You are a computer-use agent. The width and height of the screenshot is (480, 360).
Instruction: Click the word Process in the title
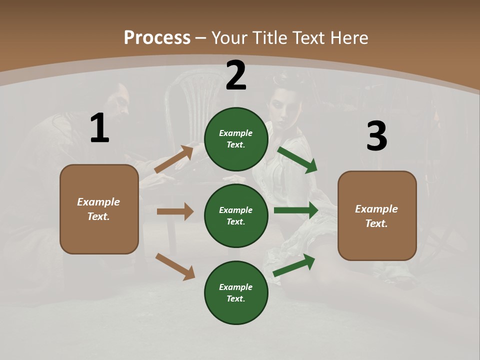[x=157, y=38]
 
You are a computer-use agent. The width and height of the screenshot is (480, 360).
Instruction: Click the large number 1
[x=99, y=128]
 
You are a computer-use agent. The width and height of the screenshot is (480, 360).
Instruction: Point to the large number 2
[x=236, y=75]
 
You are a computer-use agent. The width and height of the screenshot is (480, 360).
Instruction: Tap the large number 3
[x=376, y=136]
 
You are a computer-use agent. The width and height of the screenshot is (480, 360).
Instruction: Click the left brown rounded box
[x=99, y=209]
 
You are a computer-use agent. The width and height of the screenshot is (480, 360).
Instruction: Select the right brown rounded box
[x=377, y=216]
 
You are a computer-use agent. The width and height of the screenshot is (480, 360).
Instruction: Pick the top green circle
[x=236, y=139]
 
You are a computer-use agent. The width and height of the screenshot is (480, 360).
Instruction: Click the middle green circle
[x=236, y=215]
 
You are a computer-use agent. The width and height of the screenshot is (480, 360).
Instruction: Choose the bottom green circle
[x=236, y=292]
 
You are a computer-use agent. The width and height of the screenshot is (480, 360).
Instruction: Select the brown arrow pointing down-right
[x=175, y=266]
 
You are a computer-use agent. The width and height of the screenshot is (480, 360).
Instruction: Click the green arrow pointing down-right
[x=297, y=159]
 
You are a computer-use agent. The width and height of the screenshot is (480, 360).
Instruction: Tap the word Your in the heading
[x=228, y=38]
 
